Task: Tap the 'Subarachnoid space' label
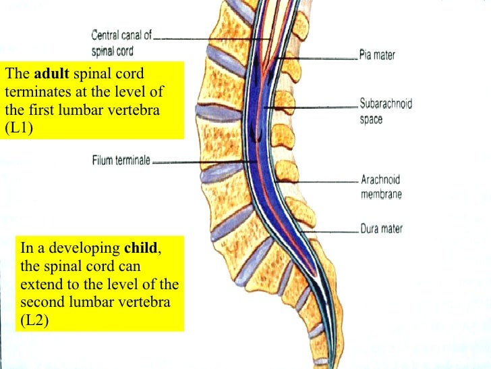(x=385, y=112)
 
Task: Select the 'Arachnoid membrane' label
(x=381, y=187)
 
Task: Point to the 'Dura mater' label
(x=382, y=229)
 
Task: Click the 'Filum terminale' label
(x=121, y=161)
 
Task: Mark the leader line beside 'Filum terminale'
(x=202, y=161)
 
